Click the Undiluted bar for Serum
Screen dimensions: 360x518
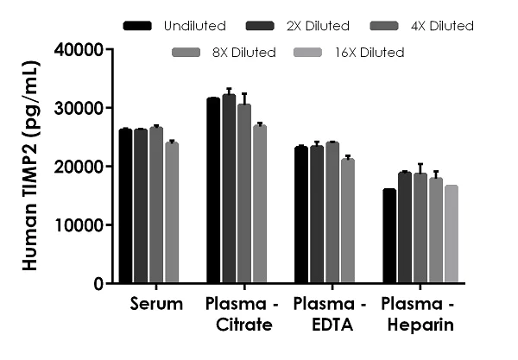126,206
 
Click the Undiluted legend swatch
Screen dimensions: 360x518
138,26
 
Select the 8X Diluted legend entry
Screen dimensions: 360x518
243,53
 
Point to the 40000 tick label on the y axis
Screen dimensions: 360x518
79,49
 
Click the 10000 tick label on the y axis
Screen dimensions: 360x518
79,224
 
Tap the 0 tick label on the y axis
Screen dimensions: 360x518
99,283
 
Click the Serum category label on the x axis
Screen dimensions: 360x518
156,305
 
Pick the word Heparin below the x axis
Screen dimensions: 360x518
418,325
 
